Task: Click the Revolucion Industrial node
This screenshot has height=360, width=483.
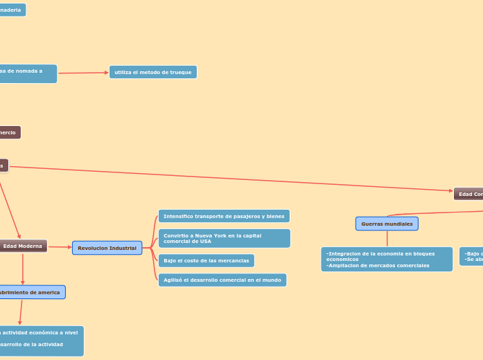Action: (x=107, y=248)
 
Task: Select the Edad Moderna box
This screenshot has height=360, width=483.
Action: (x=23, y=246)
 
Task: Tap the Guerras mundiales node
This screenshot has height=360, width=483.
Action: (x=387, y=224)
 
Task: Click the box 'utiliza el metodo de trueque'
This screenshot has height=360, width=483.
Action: (x=152, y=72)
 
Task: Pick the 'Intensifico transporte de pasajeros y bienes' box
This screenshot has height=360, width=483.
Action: (x=224, y=216)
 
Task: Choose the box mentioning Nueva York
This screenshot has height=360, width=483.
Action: (x=224, y=238)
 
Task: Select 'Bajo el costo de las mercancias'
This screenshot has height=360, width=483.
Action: (x=206, y=260)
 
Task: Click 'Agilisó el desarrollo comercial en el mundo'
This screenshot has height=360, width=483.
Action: (x=222, y=280)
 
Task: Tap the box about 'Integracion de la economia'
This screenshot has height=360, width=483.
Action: (x=387, y=259)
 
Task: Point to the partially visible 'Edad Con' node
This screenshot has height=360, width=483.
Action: (x=469, y=194)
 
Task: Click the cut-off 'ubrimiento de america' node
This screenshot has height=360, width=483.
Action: (x=31, y=292)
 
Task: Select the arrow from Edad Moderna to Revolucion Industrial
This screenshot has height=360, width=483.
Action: (x=60, y=247)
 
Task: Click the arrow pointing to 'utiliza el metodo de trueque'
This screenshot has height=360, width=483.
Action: (x=83, y=73)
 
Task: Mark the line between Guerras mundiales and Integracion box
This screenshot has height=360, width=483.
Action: (x=387, y=239)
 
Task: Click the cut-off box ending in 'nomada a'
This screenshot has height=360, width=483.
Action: (x=28, y=73)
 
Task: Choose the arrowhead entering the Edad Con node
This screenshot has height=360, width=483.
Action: (x=450, y=192)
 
